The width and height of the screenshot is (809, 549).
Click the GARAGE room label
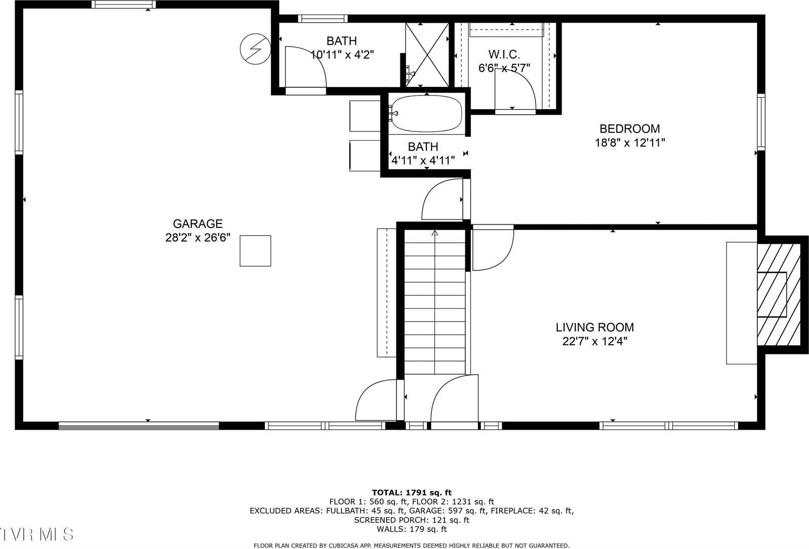[197, 223]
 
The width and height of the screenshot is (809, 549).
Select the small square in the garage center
[255, 251]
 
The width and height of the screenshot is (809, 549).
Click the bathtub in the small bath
[427, 114]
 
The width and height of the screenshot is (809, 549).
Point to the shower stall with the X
[427, 55]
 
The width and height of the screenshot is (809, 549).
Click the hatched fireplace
[778, 294]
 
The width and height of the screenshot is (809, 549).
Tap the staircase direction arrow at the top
[434, 233]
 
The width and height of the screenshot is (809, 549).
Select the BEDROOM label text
[629, 129]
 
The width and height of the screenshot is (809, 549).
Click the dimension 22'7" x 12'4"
[595, 341]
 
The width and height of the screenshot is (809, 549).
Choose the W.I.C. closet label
[504, 54]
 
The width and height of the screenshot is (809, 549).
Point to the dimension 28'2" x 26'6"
[197, 238]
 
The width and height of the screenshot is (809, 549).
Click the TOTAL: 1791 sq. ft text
[412, 492]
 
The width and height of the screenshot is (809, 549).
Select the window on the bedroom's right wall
[761, 122]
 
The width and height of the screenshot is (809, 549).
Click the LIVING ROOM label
[595, 327]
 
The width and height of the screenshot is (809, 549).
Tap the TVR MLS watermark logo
[36, 534]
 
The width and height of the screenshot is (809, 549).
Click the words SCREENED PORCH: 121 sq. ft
[412, 520]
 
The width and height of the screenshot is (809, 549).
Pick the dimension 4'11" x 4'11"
[423, 161]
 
